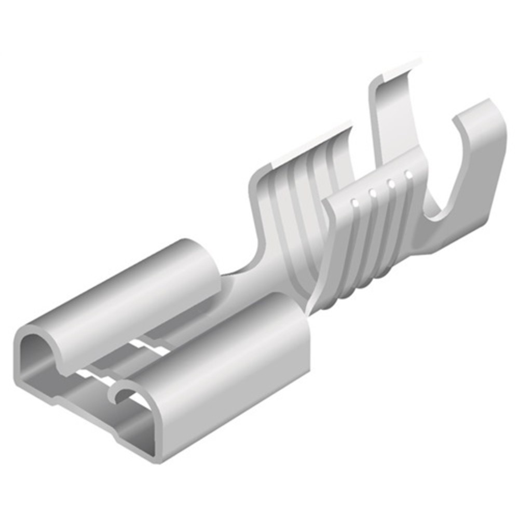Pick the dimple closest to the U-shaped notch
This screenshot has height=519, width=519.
pyautogui.click(x=408, y=175)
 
